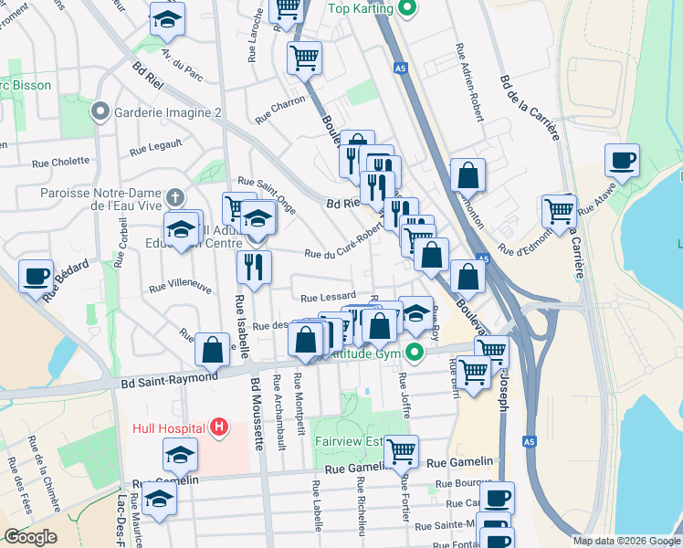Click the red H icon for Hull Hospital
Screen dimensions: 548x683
coord(218,426)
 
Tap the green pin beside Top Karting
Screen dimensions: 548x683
coord(408,9)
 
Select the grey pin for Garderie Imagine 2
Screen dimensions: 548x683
coord(100,112)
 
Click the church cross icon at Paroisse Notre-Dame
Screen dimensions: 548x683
coord(174,197)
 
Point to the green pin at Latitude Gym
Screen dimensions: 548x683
coord(415,352)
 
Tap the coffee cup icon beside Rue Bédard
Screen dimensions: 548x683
coord(37,276)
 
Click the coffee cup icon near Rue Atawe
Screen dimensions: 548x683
coord(623,160)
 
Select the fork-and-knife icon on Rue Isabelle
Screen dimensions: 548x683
coord(254,267)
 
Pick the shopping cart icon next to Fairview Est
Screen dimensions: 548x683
coord(401,450)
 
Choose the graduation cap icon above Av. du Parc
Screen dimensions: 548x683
coord(167,18)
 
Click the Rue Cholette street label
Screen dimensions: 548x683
coord(61,163)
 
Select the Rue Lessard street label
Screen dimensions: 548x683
coord(328,297)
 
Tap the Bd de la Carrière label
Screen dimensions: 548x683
coord(529,108)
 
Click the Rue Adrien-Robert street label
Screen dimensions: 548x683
coord(468,82)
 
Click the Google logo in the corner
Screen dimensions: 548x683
coord(30,537)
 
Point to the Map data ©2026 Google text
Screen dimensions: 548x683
coord(626,541)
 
